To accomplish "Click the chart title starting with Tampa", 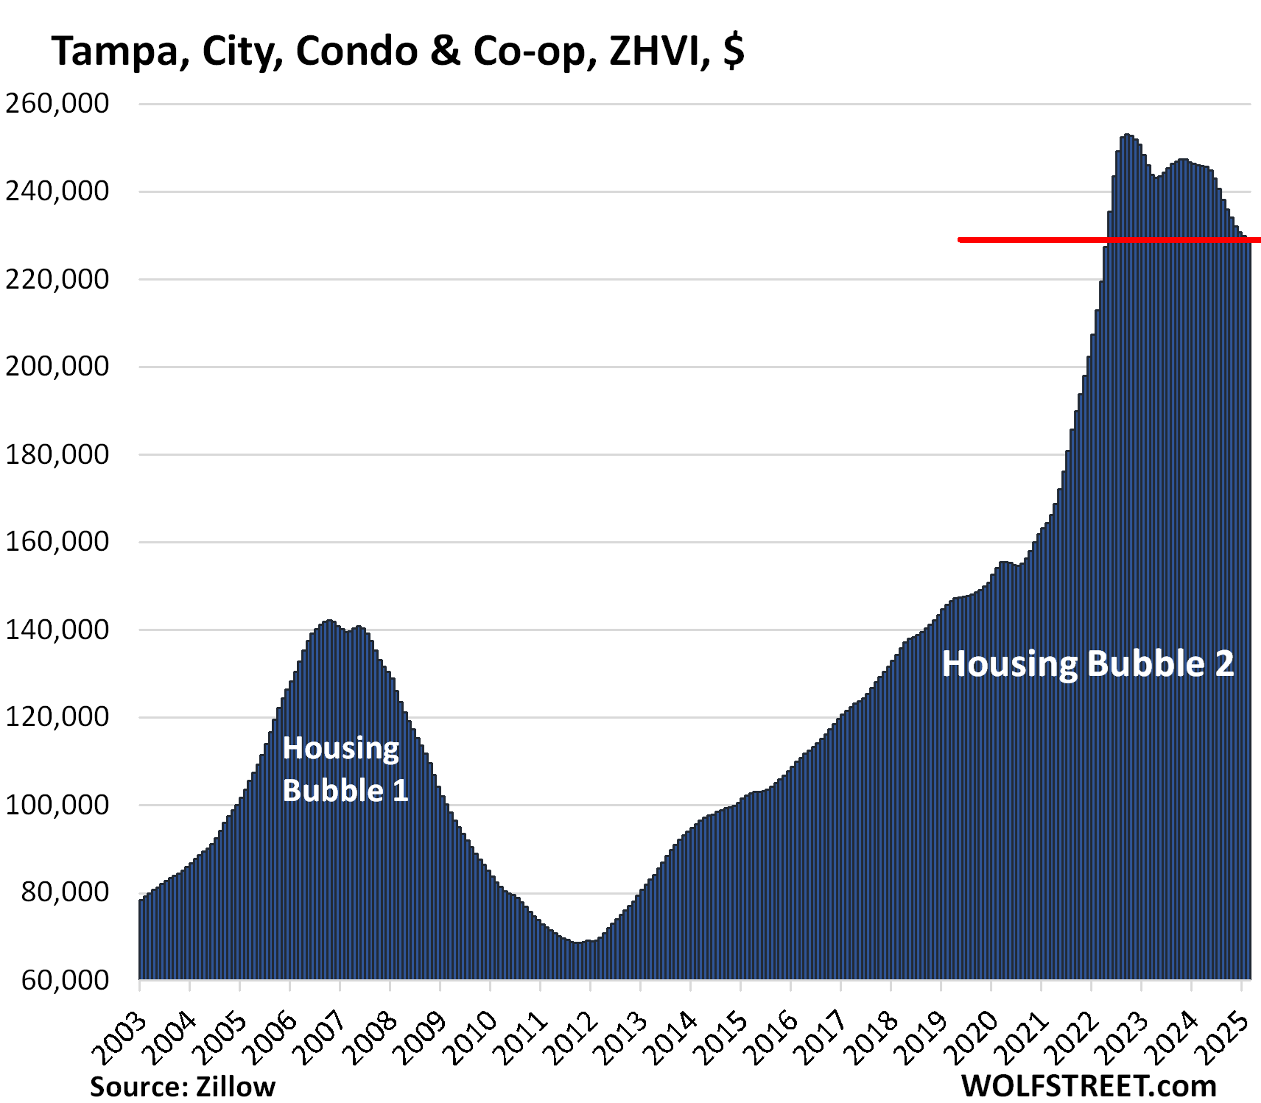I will click(398, 52).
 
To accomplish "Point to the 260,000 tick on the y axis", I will click(57, 104).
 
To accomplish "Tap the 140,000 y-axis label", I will click(57, 630).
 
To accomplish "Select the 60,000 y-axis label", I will click(65, 980).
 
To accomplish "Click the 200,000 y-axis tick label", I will click(57, 367).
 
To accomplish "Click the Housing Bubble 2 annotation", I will click(1087, 663).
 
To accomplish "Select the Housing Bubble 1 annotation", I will click(345, 769).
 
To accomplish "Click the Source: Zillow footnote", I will click(183, 1087).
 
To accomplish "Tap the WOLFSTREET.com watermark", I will click(1089, 1087).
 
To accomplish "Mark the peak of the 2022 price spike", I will click(1127, 135).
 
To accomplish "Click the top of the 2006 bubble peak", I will click(329, 621).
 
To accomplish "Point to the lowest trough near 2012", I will click(578, 942).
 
